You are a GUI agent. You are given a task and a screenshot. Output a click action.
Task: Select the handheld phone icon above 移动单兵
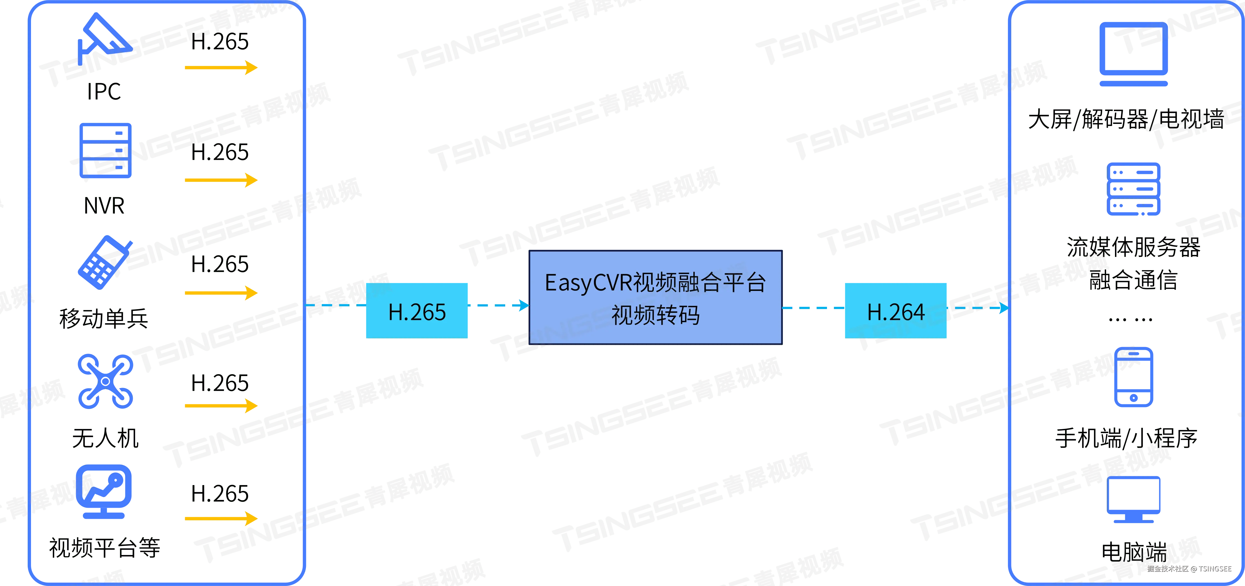(104, 262)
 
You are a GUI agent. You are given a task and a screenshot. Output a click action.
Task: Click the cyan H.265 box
(417, 310)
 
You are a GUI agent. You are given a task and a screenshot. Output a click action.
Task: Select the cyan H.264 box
(895, 310)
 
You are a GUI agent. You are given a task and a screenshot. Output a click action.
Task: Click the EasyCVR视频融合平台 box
(655, 297)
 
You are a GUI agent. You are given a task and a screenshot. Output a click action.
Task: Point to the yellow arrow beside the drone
(221, 405)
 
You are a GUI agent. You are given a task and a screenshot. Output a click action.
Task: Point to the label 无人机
(105, 438)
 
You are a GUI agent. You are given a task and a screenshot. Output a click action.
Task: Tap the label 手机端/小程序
(1126, 438)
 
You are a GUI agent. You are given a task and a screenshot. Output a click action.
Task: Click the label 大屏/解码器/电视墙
(1126, 119)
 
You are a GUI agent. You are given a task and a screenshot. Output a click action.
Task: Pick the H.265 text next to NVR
(220, 152)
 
